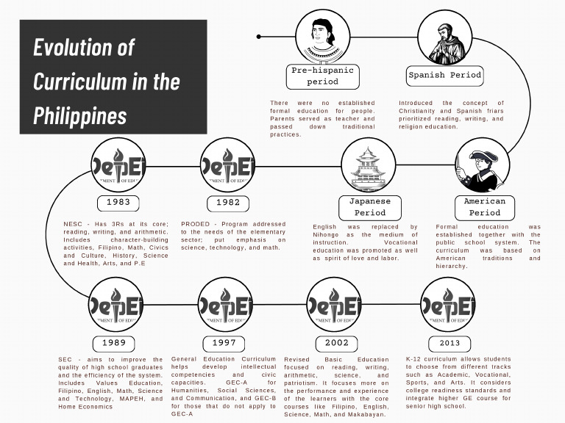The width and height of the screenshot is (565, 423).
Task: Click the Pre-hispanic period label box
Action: click(322, 76)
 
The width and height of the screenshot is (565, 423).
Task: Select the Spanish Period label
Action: click(444, 75)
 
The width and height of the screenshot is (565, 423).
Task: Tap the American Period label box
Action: click(484, 207)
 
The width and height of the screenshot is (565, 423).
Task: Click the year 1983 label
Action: click(118, 202)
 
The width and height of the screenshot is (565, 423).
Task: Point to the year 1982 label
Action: click(227, 202)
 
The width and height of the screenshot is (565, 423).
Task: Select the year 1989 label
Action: click(114, 343)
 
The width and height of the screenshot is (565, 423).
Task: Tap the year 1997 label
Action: click(224, 343)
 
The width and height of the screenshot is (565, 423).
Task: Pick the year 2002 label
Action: click(336, 343)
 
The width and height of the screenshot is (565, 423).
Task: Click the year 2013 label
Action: click(449, 343)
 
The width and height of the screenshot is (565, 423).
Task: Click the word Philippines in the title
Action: click(79, 115)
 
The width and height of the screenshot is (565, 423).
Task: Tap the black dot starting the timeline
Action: click(260, 36)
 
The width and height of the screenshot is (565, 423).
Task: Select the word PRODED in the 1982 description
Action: click(195, 224)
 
